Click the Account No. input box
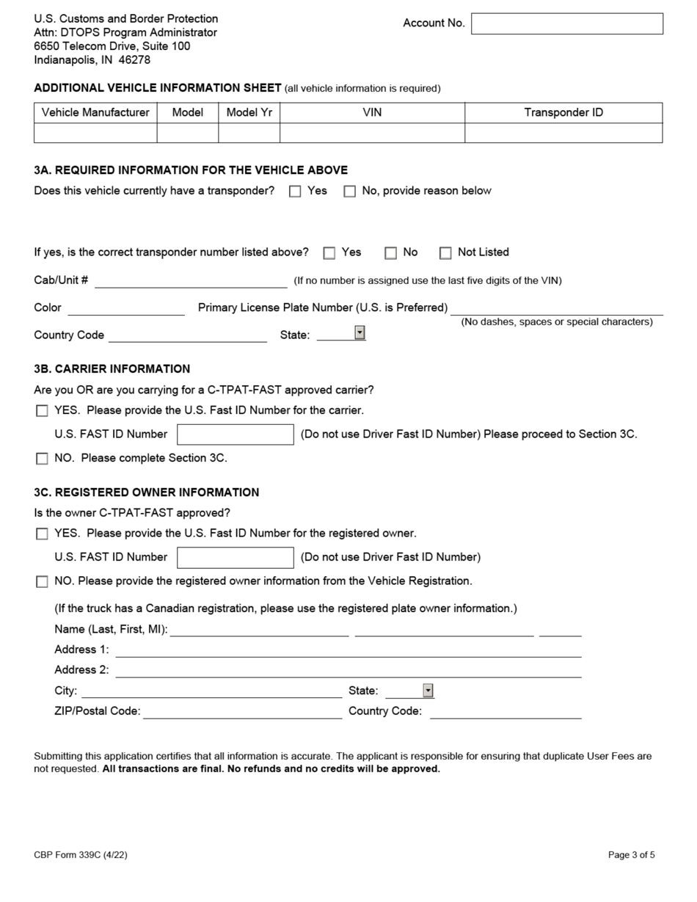[566, 23]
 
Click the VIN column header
[372, 112]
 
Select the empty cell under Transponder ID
[563, 133]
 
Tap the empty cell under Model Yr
[249, 133]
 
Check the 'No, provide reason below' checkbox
[350, 192]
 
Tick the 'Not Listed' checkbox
[445, 253]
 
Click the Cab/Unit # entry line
[191, 281]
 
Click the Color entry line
[125, 308]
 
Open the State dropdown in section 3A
[360, 333]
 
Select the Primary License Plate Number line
[556, 308]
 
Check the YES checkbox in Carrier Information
[42, 411]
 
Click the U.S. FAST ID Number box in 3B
[235, 434]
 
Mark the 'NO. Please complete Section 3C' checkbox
[42, 459]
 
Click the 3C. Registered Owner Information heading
[146, 492]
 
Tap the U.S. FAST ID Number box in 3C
[235, 558]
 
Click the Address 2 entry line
[348, 670]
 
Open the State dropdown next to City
[428, 691]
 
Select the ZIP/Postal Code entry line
[242, 711]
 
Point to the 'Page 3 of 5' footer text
[631, 854]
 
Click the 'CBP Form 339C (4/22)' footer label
[85, 854]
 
